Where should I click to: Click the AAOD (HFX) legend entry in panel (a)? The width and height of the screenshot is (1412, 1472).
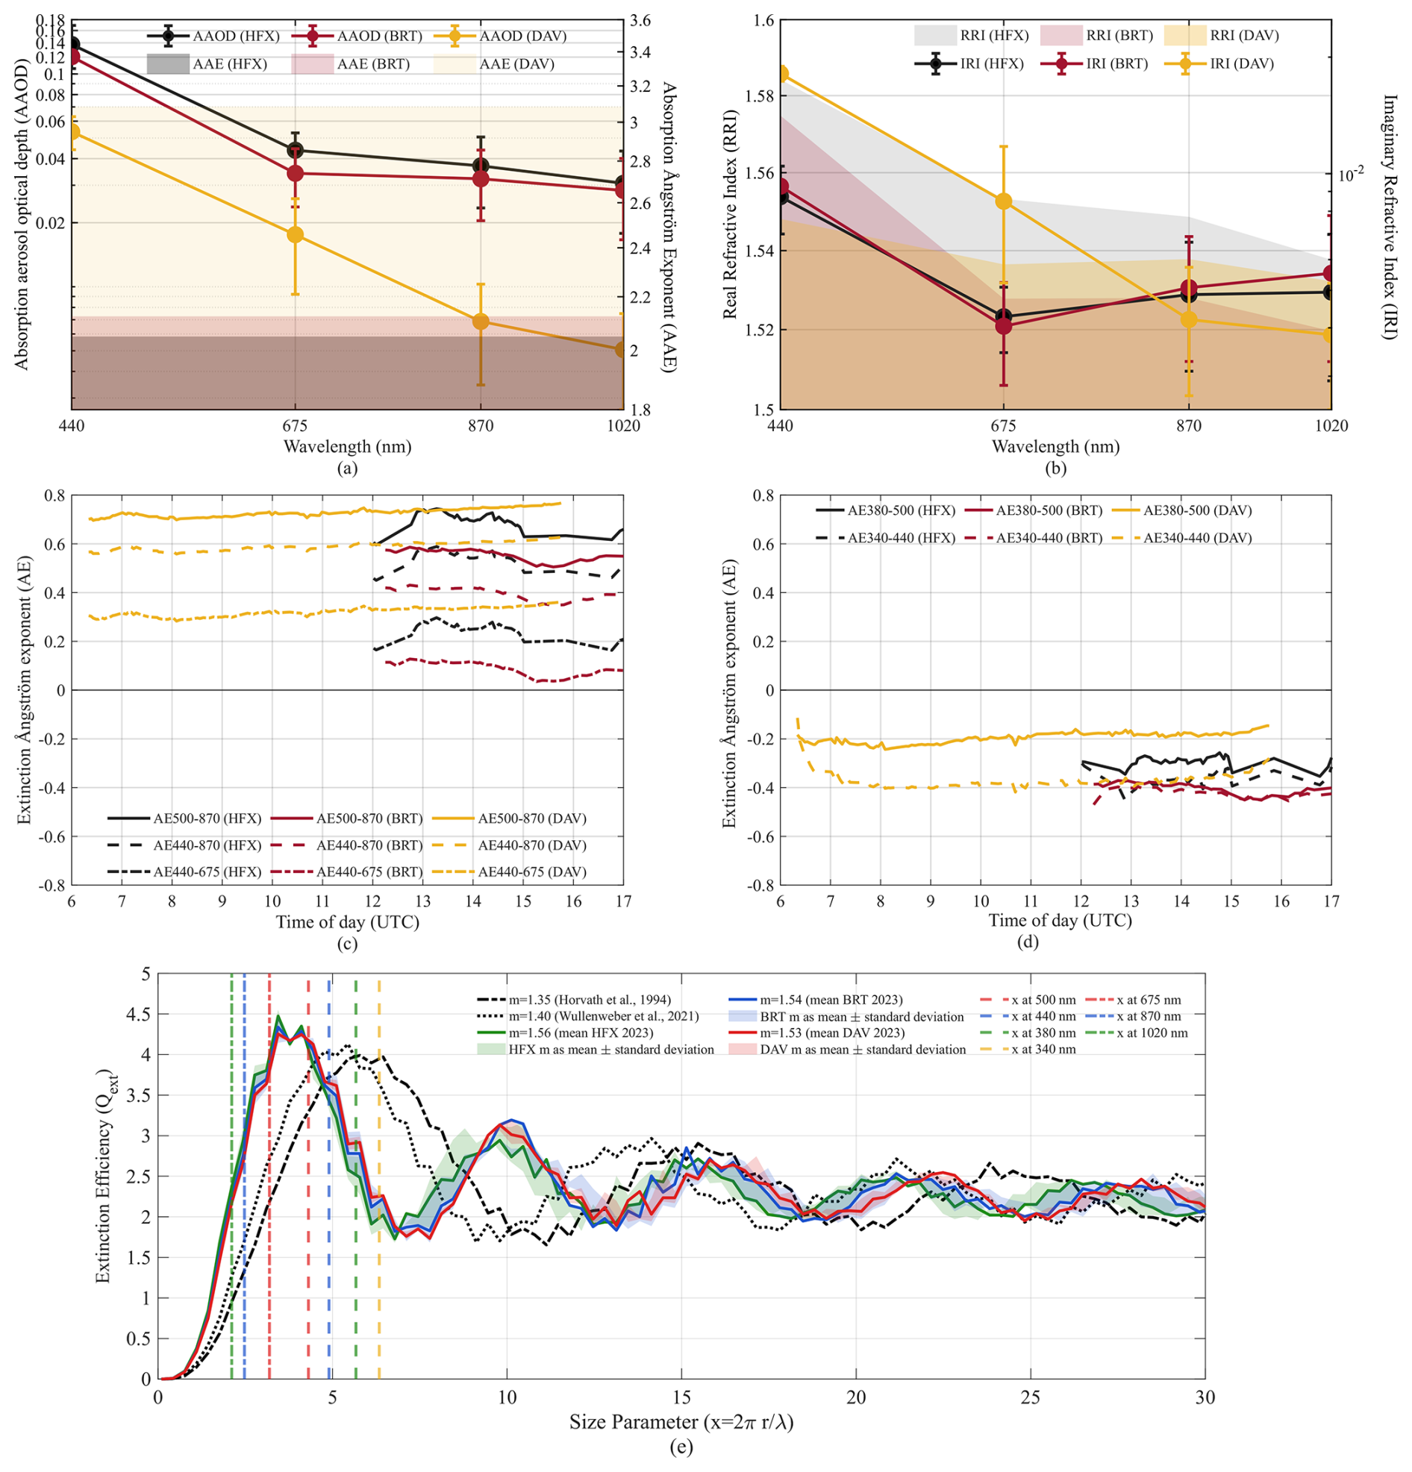pyautogui.click(x=213, y=36)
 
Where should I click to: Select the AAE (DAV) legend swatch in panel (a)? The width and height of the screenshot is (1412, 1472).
pyautogui.click(x=454, y=64)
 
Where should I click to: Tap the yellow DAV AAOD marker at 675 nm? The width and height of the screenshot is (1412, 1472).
pyautogui.click(x=296, y=234)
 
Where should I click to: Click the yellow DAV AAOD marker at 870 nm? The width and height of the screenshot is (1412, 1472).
pyautogui.click(x=481, y=322)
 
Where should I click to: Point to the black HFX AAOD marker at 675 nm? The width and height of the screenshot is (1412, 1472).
pyautogui.click(x=296, y=150)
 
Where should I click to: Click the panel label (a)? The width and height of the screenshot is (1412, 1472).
pyautogui.click(x=347, y=468)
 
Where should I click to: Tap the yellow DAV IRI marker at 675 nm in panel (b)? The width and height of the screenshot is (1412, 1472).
pyautogui.click(x=1004, y=201)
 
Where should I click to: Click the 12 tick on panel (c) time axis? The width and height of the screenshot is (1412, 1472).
pyautogui.click(x=372, y=901)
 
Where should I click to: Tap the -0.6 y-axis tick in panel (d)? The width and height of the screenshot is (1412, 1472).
pyautogui.click(x=758, y=836)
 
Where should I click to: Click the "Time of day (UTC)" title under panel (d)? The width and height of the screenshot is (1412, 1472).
pyautogui.click(x=1060, y=921)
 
